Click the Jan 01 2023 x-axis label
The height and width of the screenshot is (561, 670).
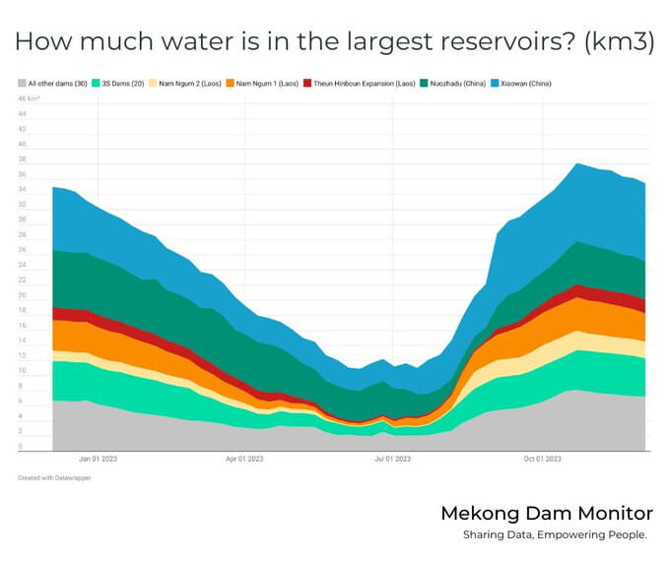[x=98, y=459]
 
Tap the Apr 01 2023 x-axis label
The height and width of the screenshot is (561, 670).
[x=244, y=459]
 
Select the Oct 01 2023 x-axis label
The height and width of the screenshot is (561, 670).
[x=543, y=459]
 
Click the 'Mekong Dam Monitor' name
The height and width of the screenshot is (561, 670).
[x=546, y=514]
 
